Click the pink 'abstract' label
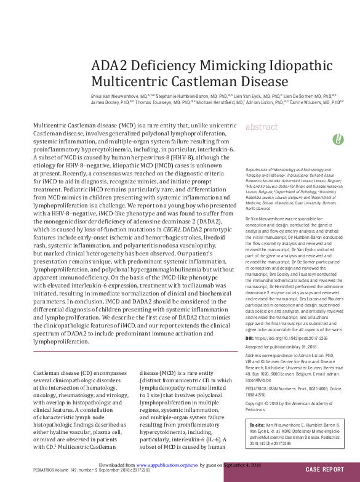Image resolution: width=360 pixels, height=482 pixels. [262, 127]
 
